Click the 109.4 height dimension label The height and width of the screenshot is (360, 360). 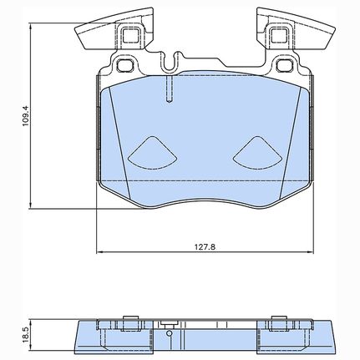(x=26, y=116)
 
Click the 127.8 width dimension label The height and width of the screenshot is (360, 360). (x=205, y=246)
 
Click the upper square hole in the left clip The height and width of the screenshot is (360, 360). (x=131, y=34)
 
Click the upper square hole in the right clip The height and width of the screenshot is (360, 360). (x=279, y=34)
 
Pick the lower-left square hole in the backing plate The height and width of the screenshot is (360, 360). (x=124, y=65)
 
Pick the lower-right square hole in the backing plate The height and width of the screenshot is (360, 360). (x=285, y=65)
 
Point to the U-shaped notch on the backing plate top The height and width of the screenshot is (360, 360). (x=170, y=63)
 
